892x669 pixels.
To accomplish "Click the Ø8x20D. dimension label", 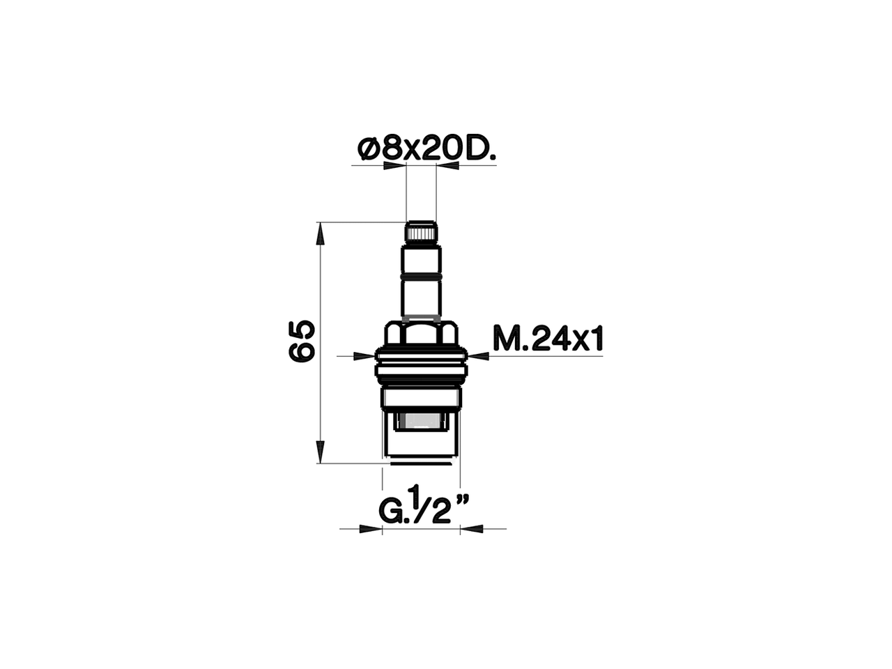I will (x=426, y=149).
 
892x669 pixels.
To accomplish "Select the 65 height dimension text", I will (x=302, y=341).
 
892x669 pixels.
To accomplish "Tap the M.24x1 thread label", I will (x=547, y=340).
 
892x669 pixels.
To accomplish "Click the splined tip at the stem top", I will (x=421, y=232).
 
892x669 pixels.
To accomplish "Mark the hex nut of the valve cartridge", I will (x=422, y=333).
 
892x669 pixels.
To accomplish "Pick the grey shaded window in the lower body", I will (x=421, y=421).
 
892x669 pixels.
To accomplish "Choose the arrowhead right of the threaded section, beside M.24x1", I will (x=479, y=356).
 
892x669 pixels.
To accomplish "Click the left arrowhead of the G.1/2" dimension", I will (x=372, y=528).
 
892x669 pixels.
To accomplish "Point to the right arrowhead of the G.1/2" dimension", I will (x=470, y=528).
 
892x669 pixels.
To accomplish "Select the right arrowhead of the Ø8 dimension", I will (x=446, y=166).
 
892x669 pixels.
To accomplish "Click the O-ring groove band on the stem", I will (x=422, y=278).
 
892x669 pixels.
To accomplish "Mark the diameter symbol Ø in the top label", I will (x=367, y=149).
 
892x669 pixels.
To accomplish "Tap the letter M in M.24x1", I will (x=505, y=340).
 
